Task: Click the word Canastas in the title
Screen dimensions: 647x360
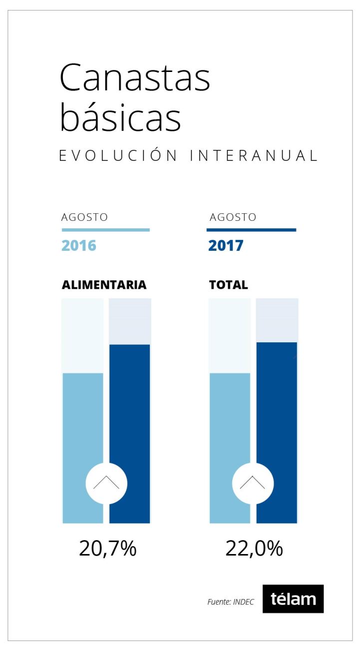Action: [135, 78]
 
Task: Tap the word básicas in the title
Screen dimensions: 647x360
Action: [120, 118]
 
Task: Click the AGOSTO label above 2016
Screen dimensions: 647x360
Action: [84, 218]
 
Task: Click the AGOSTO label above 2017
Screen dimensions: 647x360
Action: [233, 218]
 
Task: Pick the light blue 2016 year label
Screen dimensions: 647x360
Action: [79, 246]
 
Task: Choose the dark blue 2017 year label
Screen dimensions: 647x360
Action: [226, 246]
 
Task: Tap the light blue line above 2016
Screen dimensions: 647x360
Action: [105, 230]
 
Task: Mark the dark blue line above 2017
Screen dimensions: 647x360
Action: [251, 230]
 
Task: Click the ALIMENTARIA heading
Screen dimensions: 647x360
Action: [104, 285]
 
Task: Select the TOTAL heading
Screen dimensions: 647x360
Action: [228, 285]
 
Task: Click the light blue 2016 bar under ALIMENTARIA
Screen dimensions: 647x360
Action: [82, 425]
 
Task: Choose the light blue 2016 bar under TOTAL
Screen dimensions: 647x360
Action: [230, 425]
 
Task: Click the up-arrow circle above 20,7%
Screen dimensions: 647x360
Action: [106, 483]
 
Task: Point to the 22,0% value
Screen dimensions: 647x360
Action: [254, 549]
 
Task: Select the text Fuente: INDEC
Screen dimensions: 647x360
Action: [230, 602]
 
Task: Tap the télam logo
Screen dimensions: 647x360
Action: [293, 599]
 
